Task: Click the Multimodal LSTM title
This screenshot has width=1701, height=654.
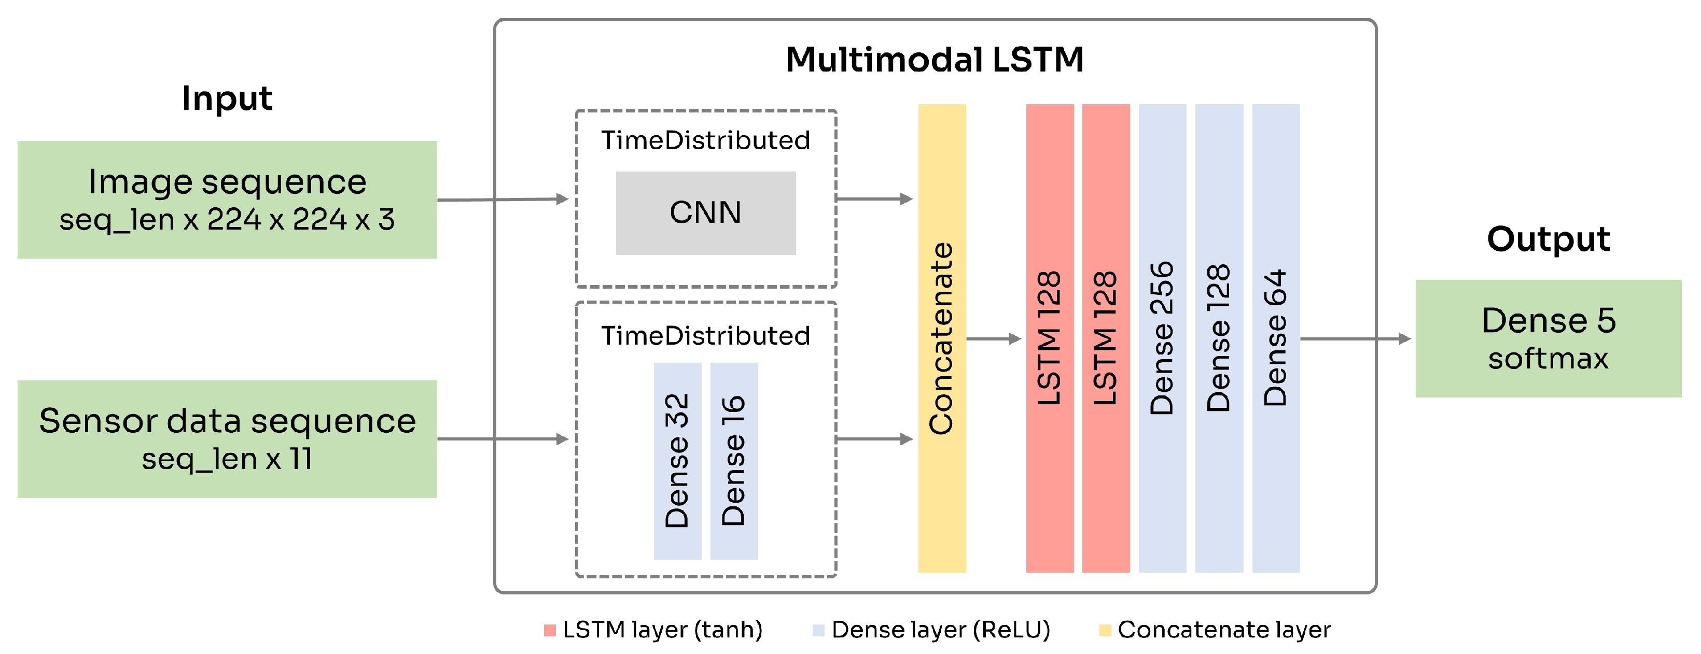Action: [935, 60]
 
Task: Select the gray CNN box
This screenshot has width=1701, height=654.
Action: [705, 212]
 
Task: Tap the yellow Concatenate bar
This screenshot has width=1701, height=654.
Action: [942, 338]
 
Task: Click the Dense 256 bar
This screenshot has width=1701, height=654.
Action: [1162, 338]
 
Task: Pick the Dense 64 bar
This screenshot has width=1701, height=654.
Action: [1275, 338]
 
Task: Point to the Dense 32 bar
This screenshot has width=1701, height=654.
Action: [677, 461]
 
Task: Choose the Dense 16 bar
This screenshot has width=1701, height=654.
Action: [734, 461]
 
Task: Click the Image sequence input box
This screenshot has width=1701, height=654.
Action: [227, 200]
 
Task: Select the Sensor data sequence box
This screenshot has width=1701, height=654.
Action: [227, 438]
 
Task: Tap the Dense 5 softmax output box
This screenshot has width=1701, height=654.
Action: [1548, 338]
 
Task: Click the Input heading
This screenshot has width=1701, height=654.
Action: [227, 98]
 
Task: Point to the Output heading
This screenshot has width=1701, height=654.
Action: [1548, 238]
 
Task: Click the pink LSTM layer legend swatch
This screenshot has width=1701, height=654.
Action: [549, 630]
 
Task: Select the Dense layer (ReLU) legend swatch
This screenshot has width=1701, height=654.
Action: [818, 630]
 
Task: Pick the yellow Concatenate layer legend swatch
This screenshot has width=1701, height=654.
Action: [1105, 630]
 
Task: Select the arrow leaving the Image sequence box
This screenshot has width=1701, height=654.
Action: [502, 200]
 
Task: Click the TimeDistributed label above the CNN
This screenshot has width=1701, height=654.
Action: [705, 140]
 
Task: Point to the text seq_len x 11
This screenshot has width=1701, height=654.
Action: [227, 459]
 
